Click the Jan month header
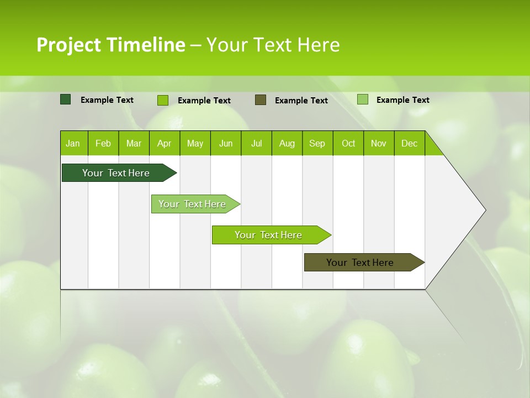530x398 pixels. pos(73,143)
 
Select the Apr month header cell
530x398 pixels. pos(165,143)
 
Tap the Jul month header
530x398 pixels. pos(256,143)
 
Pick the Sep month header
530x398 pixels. pos(317,143)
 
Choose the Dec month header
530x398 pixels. pos(409,143)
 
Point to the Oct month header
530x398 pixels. pos(348,143)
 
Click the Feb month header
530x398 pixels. pos(103,143)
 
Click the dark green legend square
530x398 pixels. pos(66,99)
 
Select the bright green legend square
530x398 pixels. pos(163,100)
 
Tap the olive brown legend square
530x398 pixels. pos(261,100)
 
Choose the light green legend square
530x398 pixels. pos(363,99)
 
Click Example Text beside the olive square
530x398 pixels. pos(301,101)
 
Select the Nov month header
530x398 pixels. pos(379,143)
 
